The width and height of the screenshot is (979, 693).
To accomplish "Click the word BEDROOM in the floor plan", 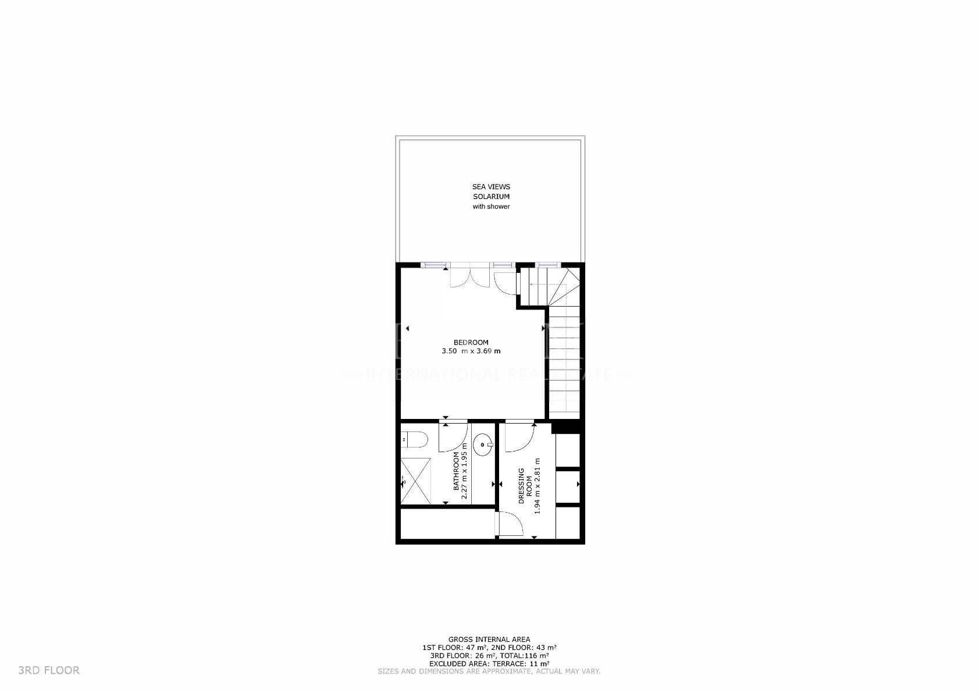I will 471,342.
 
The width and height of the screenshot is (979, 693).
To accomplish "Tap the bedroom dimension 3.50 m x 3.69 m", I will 471,351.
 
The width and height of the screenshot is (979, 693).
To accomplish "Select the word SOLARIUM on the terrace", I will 491,197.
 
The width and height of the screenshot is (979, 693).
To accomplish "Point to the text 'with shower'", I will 491,207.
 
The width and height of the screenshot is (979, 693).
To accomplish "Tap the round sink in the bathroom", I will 483,446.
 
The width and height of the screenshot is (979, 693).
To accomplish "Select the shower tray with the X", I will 416,481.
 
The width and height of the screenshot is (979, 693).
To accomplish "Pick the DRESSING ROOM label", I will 525,486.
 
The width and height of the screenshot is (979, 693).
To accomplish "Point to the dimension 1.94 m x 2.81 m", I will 537,483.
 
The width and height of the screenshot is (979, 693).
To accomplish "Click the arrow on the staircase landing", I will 538,285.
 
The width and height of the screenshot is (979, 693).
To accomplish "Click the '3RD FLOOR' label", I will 49,670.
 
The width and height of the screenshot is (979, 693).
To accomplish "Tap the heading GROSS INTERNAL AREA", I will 489,639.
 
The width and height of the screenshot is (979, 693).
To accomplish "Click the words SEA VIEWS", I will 491,187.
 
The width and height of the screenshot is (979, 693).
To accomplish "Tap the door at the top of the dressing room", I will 519,438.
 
